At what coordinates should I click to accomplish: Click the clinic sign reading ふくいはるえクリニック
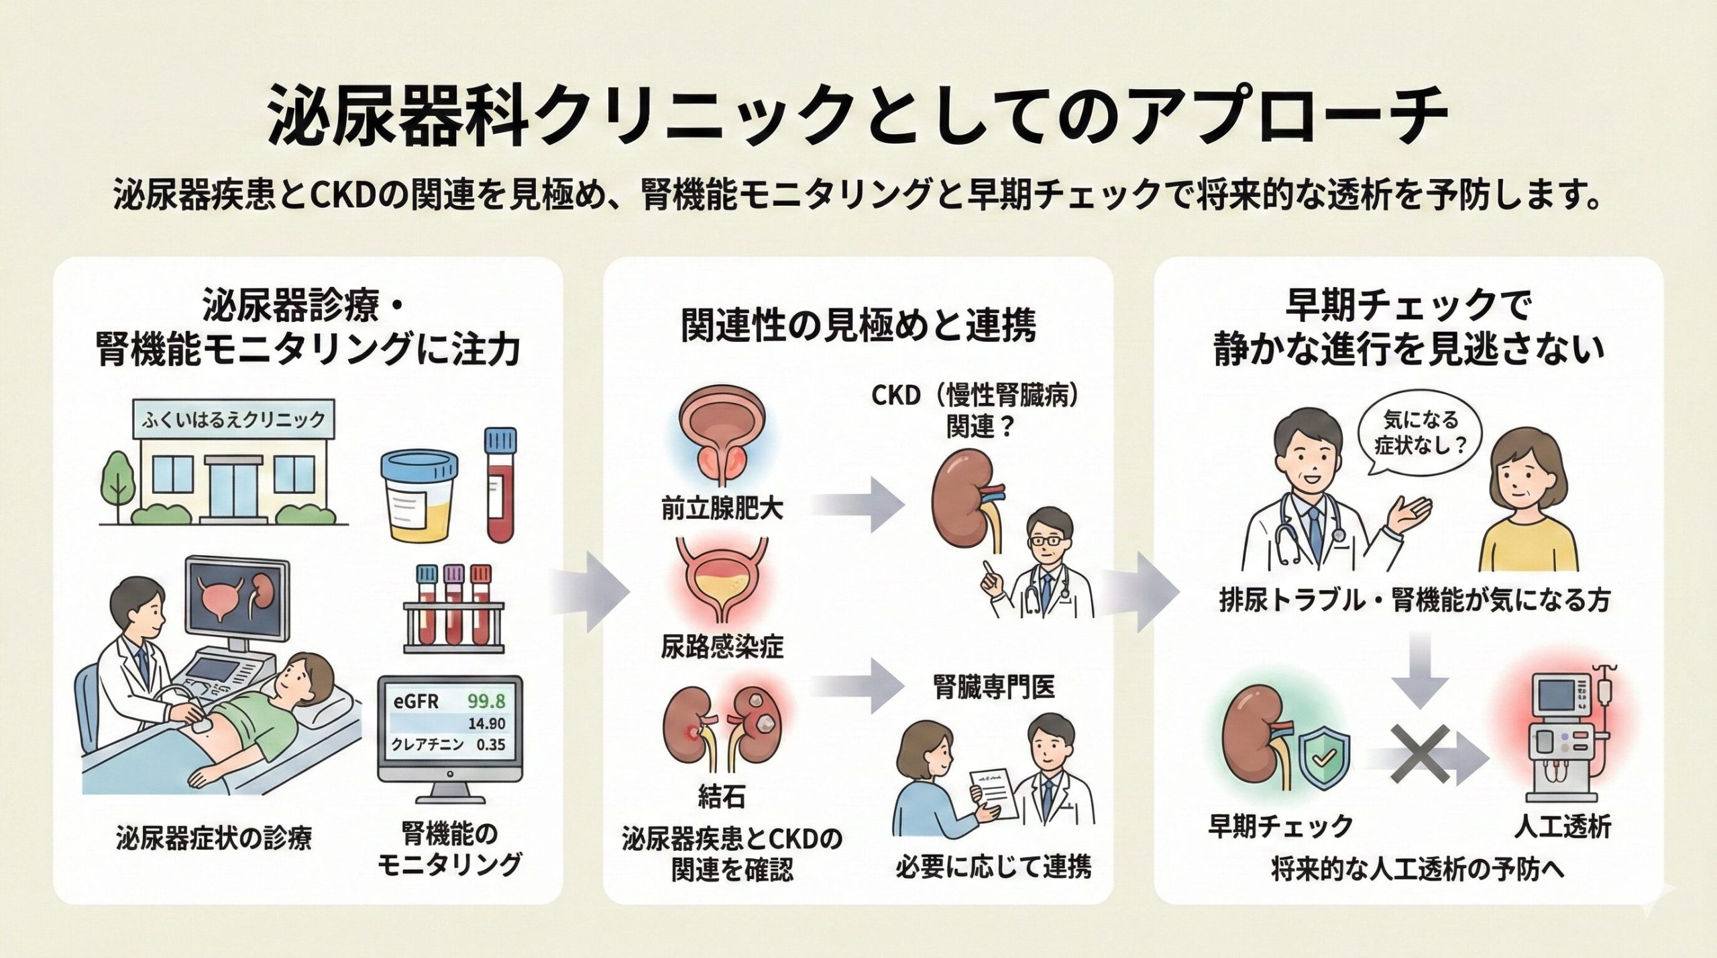pos(233,420)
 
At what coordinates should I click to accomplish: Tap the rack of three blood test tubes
pos(453,611)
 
